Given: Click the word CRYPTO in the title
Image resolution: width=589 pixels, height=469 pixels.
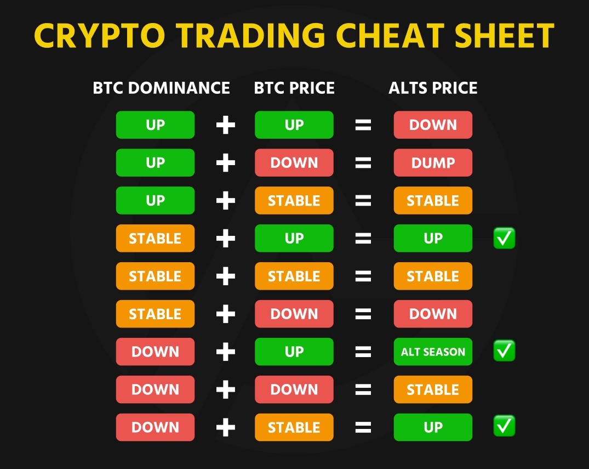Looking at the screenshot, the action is tap(99, 35).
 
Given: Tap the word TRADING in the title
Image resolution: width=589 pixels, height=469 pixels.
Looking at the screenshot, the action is tap(250, 35).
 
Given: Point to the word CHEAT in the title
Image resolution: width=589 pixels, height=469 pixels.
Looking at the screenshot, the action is tap(390, 35).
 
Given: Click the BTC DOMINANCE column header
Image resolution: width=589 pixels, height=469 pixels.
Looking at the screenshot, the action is tap(161, 88).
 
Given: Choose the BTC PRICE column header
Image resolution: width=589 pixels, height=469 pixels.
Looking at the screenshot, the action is tap(294, 88).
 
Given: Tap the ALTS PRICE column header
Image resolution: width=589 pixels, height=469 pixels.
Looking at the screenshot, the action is tap(433, 88).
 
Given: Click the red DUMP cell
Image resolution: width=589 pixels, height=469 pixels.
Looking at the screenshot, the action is tap(433, 163).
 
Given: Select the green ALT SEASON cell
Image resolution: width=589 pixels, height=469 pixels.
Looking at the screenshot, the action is tap(433, 352).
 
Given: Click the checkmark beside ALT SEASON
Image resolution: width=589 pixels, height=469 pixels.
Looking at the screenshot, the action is tap(504, 351).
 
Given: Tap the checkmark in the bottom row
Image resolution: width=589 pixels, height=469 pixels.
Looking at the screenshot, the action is tap(504, 426).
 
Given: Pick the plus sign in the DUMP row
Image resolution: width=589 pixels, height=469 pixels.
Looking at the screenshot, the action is tap(226, 163).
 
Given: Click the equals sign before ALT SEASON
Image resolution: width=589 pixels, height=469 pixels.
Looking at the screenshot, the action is tap(363, 352).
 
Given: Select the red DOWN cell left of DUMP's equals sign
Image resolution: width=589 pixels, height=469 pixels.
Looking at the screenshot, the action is tap(294, 163).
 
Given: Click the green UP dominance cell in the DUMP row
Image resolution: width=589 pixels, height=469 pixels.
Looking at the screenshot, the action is tap(155, 163).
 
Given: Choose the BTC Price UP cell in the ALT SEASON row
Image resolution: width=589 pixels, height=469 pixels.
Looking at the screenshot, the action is tap(294, 352).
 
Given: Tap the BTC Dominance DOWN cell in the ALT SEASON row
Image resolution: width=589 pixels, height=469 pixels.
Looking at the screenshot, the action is tap(155, 352).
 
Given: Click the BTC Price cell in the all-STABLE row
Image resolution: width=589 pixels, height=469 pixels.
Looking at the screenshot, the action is tap(294, 276).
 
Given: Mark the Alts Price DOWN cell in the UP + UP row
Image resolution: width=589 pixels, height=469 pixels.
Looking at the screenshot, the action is tap(433, 125).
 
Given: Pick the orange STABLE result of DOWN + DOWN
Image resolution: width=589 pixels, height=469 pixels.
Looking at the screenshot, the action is tap(433, 389).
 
